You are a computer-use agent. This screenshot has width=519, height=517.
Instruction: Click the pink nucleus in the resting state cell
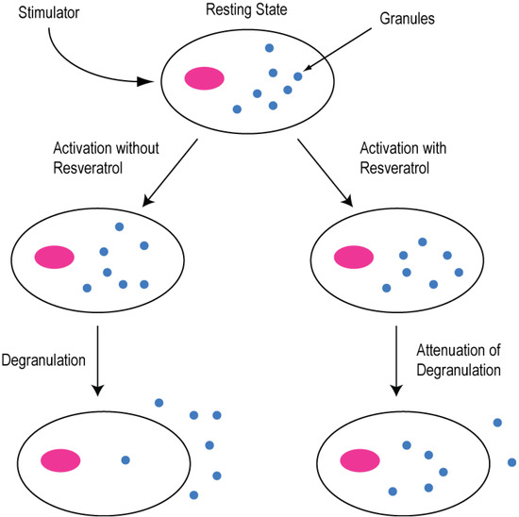click(204, 79)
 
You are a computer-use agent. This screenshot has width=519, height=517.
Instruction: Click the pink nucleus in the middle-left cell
click(56, 257)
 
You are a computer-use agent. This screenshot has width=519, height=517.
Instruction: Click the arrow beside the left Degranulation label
click(99, 359)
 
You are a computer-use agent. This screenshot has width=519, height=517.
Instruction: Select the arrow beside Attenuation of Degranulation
click(397, 359)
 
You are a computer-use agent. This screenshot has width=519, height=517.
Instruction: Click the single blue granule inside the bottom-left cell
click(126, 459)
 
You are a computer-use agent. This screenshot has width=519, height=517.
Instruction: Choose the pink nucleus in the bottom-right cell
click(360, 459)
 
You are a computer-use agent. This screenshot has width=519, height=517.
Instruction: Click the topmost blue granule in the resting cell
click(269, 48)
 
